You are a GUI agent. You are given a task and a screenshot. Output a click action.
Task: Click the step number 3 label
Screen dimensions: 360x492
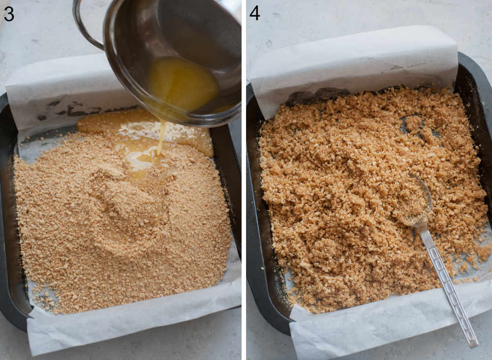coord(9,13)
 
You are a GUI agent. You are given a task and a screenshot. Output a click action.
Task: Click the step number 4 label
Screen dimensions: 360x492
coord(254,13)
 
